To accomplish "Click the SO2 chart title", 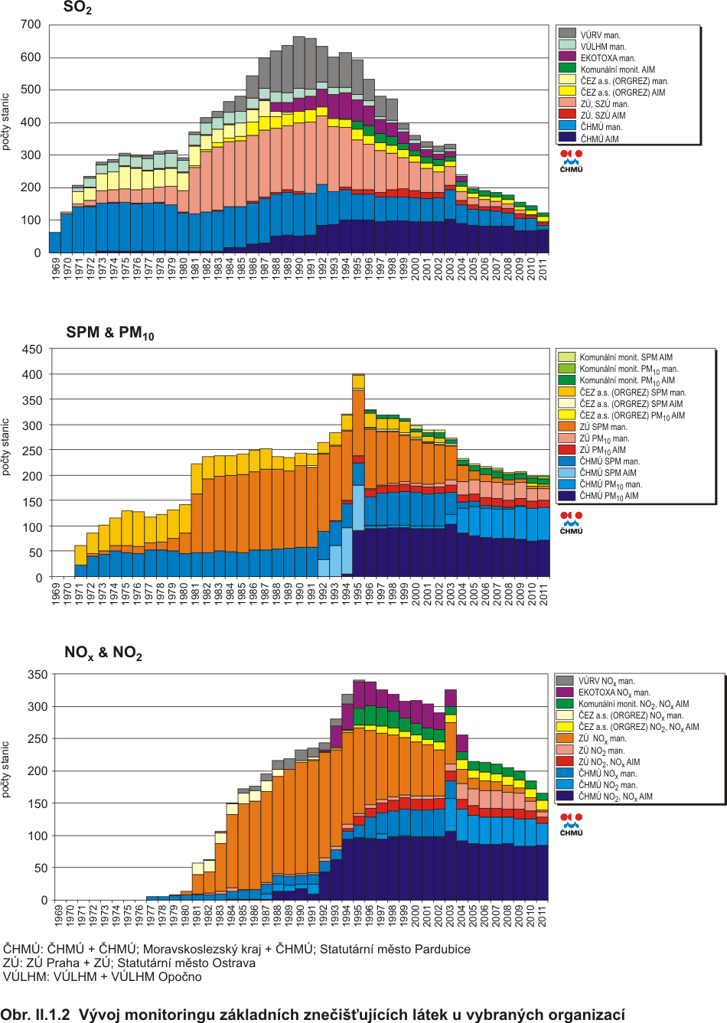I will point(77,8).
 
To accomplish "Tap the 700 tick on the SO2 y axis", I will point(31,24).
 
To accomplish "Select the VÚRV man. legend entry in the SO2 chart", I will point(600,35).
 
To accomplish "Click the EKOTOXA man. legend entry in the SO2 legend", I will point(608,58).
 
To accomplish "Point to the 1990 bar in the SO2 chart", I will point(299,145).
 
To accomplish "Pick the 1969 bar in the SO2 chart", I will point(55,242).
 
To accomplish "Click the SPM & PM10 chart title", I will point(110,333).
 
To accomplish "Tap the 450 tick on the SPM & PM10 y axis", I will point(32,350).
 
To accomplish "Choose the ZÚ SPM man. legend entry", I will point(603,427).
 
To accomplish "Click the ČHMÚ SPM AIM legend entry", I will point(608,473).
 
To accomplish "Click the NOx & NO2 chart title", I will point(103,653).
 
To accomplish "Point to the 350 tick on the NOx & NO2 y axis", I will point(37,675).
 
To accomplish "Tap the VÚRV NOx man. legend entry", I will point(606,681).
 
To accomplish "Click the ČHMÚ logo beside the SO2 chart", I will point(571,161).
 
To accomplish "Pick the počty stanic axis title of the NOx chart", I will point(7,769).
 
